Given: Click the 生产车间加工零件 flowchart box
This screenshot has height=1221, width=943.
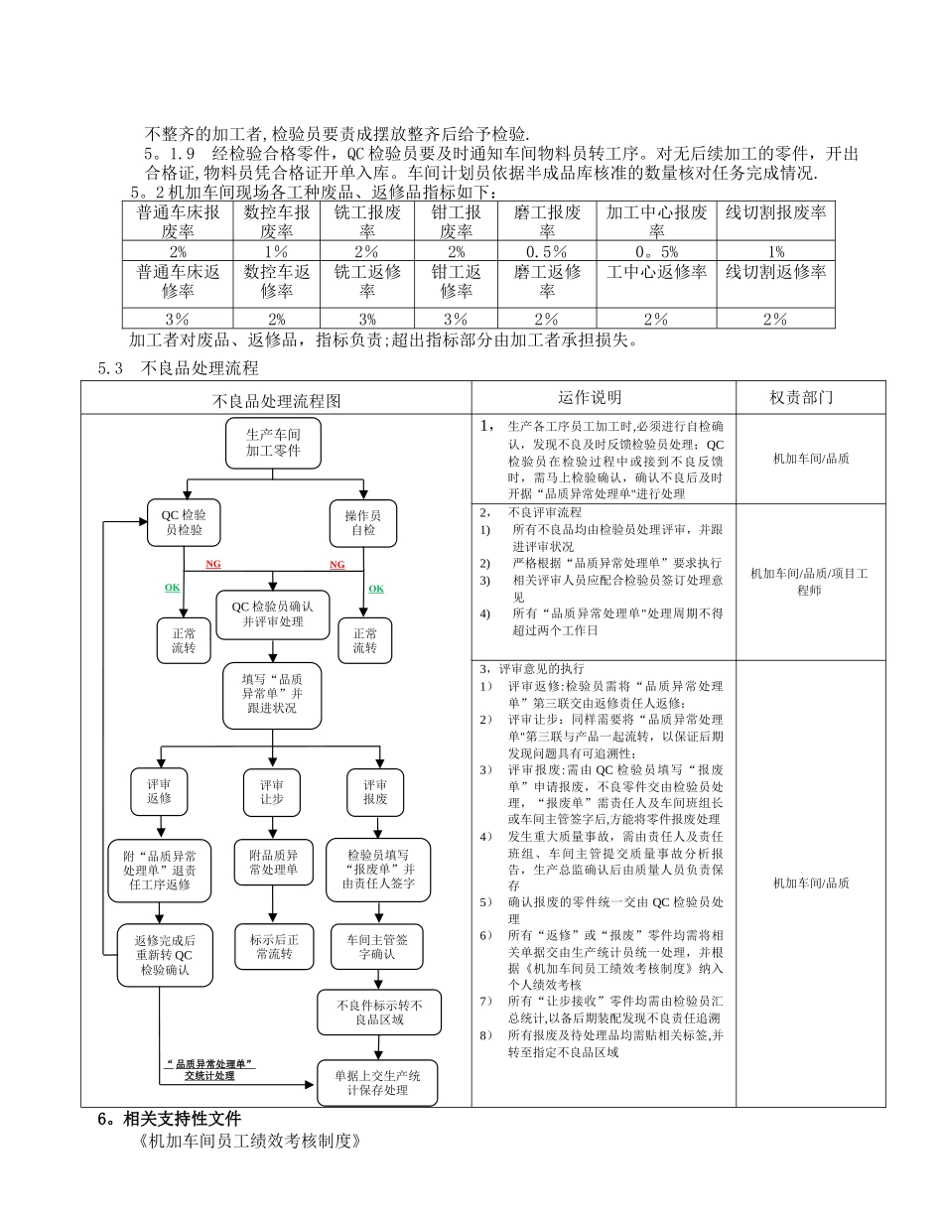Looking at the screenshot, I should coord(273,444).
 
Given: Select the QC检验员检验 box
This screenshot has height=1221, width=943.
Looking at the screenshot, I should coord(184,522).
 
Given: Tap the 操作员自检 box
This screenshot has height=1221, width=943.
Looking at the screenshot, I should coord(362,522).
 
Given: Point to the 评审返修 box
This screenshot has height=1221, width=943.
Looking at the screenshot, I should coord(159,790).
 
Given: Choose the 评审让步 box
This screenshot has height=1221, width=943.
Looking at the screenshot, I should coord(272,790).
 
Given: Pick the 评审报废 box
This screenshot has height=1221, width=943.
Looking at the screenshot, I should coord(374,790).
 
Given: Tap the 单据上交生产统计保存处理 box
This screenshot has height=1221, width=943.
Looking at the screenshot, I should coord(377,1082).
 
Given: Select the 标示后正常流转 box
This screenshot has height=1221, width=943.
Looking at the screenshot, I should coord(272,946).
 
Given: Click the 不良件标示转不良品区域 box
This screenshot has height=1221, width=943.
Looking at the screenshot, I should coord(379,1012).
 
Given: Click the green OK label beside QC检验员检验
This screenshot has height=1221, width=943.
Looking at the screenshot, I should coord(173,588).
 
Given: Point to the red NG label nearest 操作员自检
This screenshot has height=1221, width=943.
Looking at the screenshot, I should coord(337,565).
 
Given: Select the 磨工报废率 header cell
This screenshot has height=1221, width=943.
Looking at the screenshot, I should coord(547,221).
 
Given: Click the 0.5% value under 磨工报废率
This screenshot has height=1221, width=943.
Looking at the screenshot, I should coord(547,251).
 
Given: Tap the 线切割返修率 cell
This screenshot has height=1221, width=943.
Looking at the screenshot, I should coord(775,271).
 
